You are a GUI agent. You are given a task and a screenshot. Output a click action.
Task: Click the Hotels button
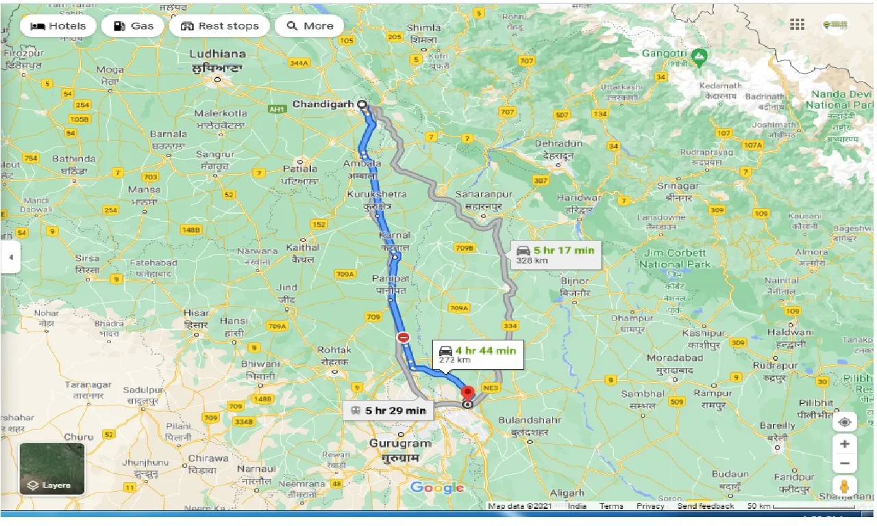point(58,26)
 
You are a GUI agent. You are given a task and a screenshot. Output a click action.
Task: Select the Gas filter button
point(133,26)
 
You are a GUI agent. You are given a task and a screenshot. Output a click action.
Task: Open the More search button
point(310,26)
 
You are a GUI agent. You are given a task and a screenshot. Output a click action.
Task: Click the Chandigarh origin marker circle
point(362,105)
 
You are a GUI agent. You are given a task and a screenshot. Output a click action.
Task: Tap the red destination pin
point(468,394)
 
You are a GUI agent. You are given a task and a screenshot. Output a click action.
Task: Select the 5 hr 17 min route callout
point(556,254)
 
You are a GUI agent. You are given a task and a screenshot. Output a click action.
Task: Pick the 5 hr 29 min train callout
point(388,410)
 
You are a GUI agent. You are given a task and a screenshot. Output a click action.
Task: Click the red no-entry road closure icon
point(403,338)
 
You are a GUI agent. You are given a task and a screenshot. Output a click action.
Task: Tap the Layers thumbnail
point(52,469)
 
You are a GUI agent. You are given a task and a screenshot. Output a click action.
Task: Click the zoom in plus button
point(845,444)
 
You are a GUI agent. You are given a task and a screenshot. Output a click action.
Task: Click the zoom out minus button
point(845,464)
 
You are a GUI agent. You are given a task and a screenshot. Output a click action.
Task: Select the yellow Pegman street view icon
point(845,487)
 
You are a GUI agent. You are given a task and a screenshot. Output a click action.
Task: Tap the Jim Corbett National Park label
point(676,258)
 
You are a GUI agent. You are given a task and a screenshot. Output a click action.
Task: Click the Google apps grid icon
point(797,25)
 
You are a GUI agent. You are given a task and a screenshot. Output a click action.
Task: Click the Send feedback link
point(705,506)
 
